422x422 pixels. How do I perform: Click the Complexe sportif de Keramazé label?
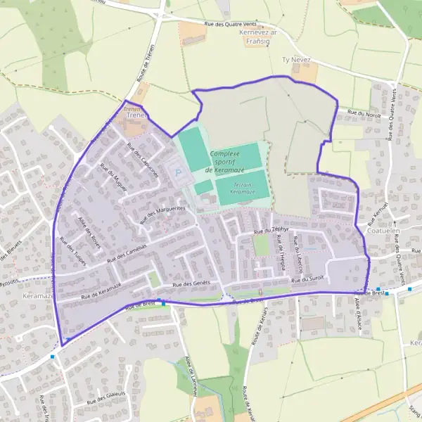(224, 161)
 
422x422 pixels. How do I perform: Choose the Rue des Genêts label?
(192, 283)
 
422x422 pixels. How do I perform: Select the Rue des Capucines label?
(143, 160)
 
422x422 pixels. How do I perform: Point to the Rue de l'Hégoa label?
(279, 248)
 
